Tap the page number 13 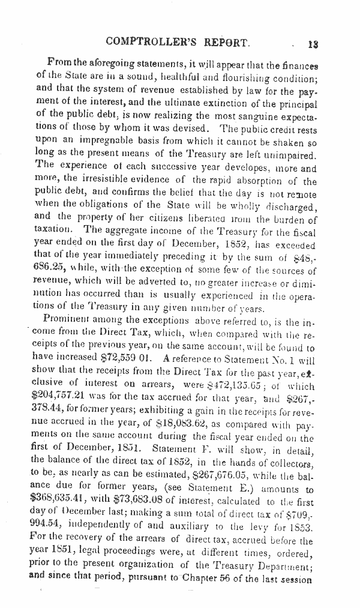[x=312, y=43]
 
